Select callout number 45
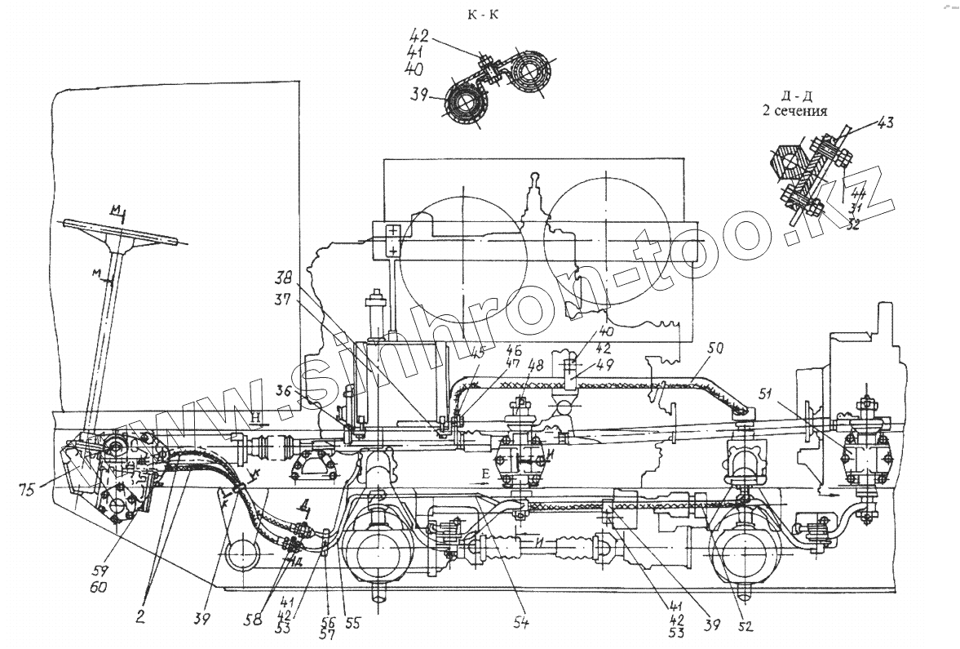pos(477,353)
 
